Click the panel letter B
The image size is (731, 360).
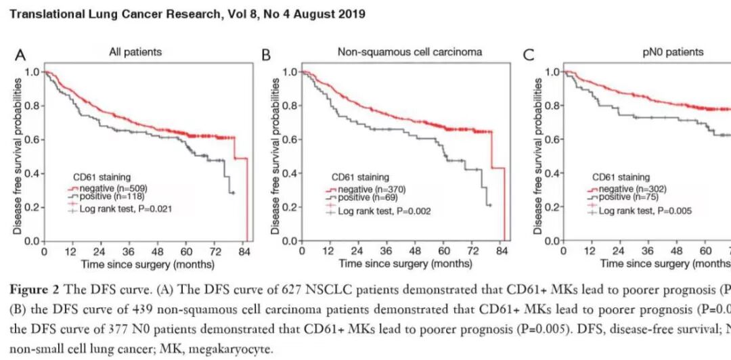[266, 54]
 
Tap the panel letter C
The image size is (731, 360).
[528, 54]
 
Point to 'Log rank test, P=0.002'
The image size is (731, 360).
[384, 212]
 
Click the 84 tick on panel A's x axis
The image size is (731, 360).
[248, 252]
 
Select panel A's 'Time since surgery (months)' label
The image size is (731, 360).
[148, 264]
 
